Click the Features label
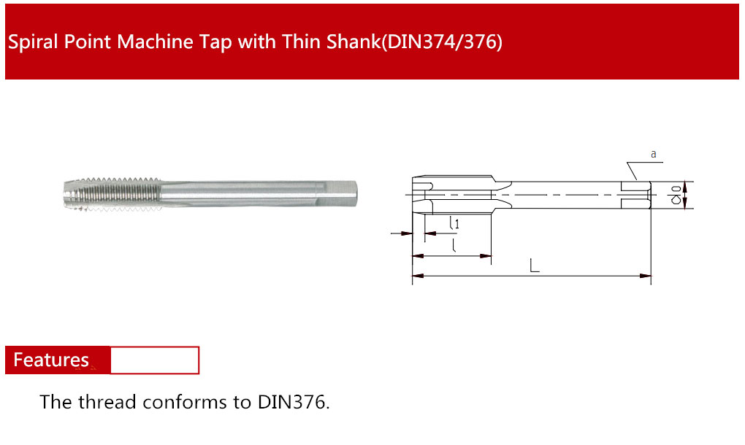coord(51,360)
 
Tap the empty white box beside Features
coord(154,360)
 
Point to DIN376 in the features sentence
coord(293,402)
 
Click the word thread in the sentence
coord(107,402)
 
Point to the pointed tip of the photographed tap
coord(65,195)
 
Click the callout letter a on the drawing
coord(653,154)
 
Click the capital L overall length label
coord(535,266)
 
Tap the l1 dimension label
coord(455,223)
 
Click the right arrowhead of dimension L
coord(645,276)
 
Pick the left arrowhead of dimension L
coord(418,276)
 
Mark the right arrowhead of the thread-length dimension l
coord(485,256)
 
